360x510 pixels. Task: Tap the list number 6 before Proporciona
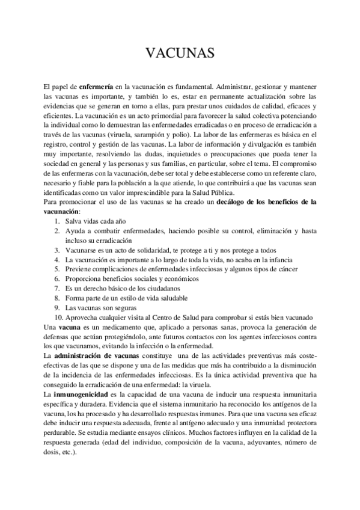[56, 279]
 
